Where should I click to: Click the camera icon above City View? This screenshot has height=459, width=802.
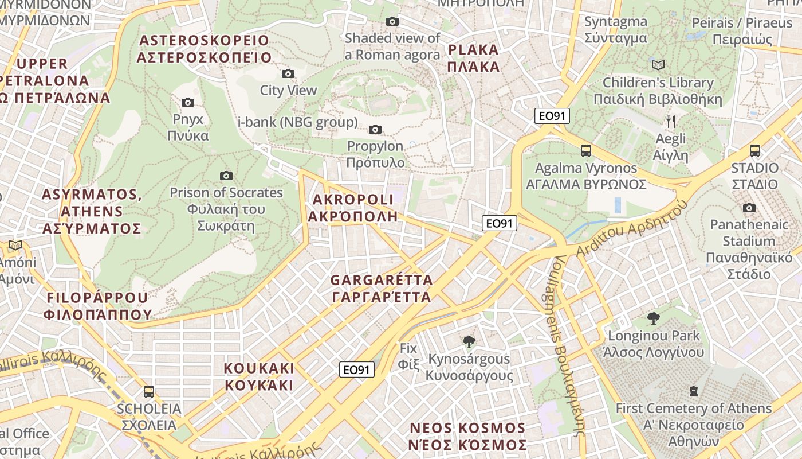click(288, 73)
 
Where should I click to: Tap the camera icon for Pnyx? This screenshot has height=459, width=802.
click(188, 103)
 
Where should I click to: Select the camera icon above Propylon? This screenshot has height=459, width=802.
click(375, 129)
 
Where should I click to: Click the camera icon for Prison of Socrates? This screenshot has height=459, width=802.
click(226, 176)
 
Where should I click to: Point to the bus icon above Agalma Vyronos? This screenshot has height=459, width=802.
click(586, 151)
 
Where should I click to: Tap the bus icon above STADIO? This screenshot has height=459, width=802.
click(755, 151)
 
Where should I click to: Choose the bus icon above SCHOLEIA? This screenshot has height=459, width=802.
click(149, 392)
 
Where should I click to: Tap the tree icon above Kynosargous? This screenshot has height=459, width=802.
click(469, 342)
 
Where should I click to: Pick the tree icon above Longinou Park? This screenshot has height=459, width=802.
click(653, 318)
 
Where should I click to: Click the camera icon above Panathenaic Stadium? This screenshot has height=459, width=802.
click(749, 208)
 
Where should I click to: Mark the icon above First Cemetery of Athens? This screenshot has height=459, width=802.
click(694, 391)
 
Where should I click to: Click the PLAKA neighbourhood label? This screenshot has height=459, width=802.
click(474, 58)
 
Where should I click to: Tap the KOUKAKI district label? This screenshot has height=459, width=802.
click(259, 376)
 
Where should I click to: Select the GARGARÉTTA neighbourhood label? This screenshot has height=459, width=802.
click(382, 289)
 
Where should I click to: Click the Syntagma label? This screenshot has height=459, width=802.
click(616, 30)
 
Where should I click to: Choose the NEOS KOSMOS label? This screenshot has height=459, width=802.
click(468, 437)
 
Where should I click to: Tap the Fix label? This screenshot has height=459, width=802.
click(409, 355)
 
